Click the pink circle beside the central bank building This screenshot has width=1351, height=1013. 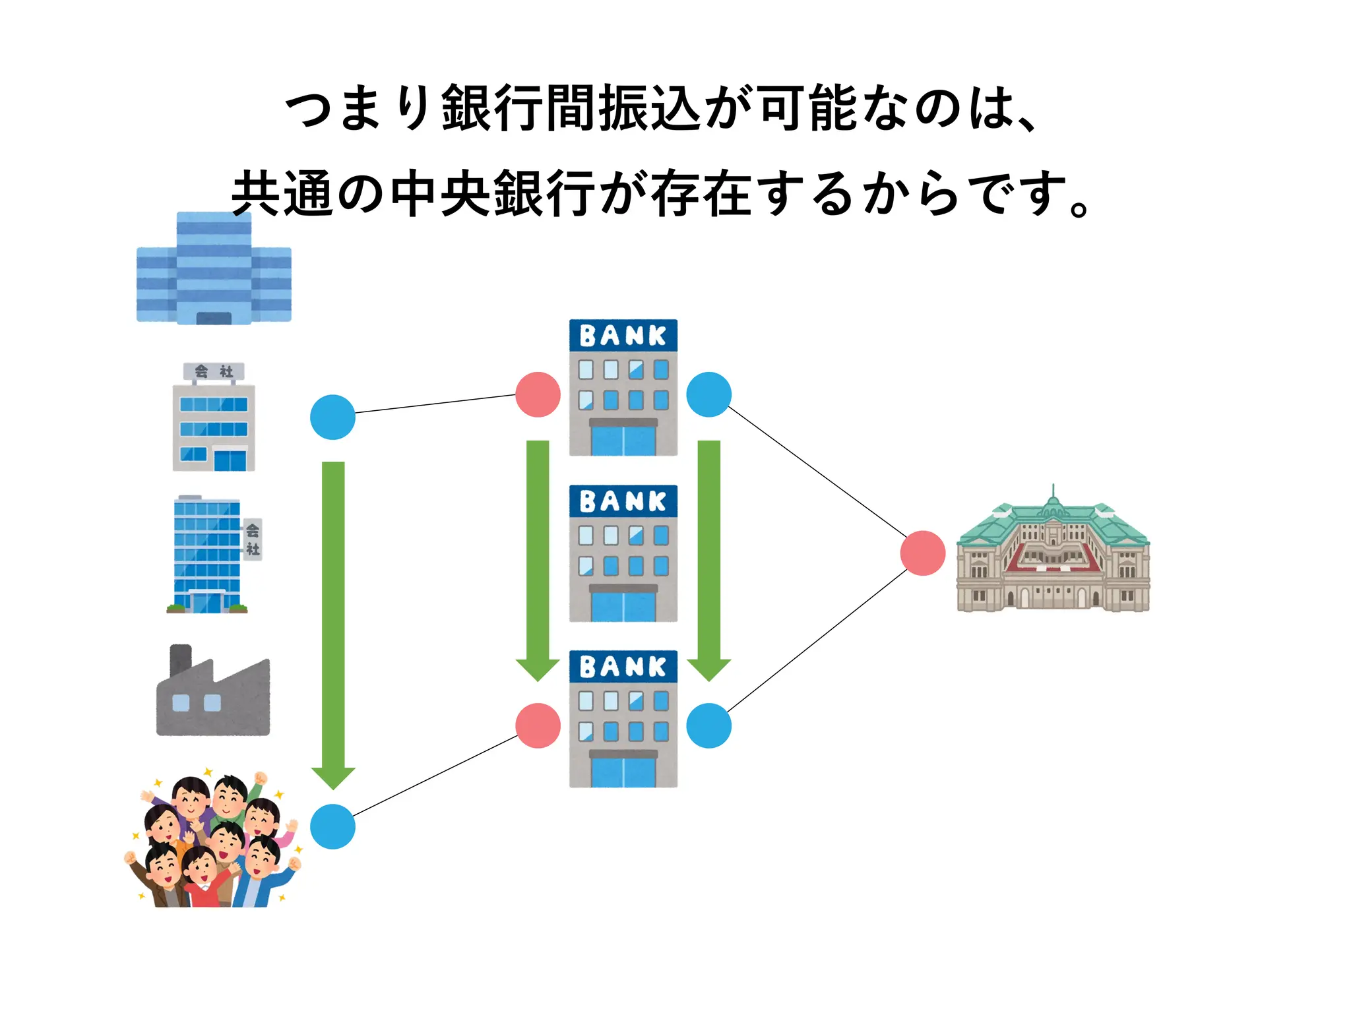pyautogui.click(x=922, y=553)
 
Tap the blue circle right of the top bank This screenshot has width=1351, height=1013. pyautogui.click(x=708, y=394)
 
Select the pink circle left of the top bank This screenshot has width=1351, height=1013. pyautogui.click(x=538, y=394)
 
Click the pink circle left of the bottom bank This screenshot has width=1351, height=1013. pyautogui.click(x=538, y=725)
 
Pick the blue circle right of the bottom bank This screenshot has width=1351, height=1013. pyautogui.click(x=708, y=725)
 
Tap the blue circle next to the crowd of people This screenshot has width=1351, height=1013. pyautogui.click(x=332, y=826)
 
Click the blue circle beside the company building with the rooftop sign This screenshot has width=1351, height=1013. pyautogui.click(x=332, y=417)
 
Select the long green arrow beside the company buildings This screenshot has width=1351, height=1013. pyautogui.click(x=333, y=613)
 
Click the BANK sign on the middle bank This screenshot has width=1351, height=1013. pyautogui.click(x=623, y=501)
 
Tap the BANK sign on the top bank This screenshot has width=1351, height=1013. pyautogui.click(x=623, y=336)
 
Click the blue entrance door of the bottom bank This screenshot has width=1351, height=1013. pyautogui.click(x=623, y=770)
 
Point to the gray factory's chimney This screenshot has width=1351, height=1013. pyautogui.click(x=180, y=660)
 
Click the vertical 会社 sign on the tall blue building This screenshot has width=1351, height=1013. pyautogui.click(x=253, y=539)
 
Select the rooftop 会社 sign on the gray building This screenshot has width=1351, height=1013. pyautogui.click(x=214, y=371)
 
